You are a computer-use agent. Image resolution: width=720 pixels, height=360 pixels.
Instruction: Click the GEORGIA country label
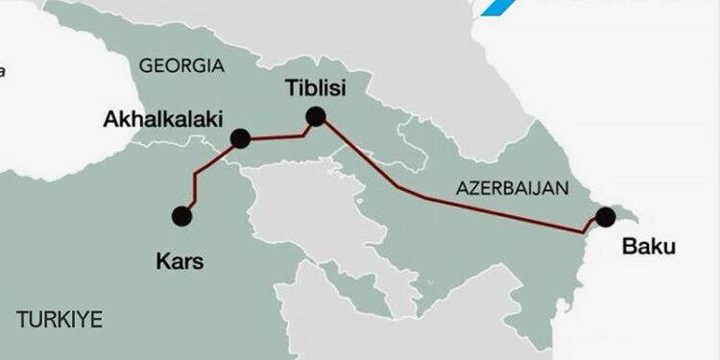181,66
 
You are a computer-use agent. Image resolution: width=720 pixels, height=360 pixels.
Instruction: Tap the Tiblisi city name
314,88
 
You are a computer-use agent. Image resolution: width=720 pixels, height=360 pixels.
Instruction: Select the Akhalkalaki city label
162,120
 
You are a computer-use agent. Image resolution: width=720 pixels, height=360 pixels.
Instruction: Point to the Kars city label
179,260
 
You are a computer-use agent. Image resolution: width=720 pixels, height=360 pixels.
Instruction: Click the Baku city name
649,247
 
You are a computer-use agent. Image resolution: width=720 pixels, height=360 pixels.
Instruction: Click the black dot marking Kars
180,216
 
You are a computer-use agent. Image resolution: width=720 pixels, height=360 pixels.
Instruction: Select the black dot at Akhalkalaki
240,139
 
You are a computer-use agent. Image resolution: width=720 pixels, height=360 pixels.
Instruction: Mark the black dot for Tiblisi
315,117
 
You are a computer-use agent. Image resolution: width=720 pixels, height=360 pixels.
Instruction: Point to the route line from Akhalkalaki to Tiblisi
278,134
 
